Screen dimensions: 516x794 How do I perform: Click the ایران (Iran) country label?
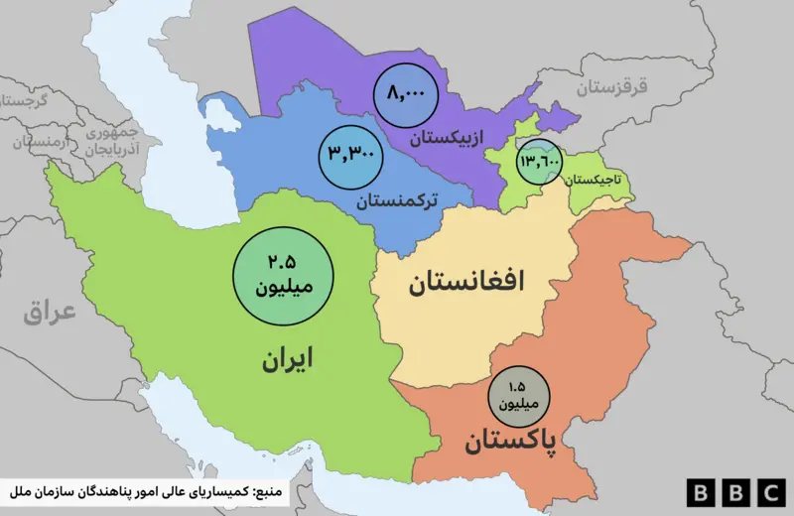click(287, 359)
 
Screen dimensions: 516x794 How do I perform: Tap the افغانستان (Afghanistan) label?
click(465, 285)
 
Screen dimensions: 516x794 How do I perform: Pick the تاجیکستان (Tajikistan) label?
click(596, 181)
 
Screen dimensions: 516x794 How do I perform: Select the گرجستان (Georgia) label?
click(26, 102)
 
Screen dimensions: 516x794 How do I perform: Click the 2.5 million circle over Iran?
click(283, 276)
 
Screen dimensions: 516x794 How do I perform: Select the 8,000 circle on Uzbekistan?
click(406, 95)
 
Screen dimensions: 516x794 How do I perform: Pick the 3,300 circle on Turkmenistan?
click(352, 156)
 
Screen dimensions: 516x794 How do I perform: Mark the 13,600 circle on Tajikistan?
click(539, 161)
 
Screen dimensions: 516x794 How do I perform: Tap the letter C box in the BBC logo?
click(767, 492)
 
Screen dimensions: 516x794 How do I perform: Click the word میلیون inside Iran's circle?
click(283, 289)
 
